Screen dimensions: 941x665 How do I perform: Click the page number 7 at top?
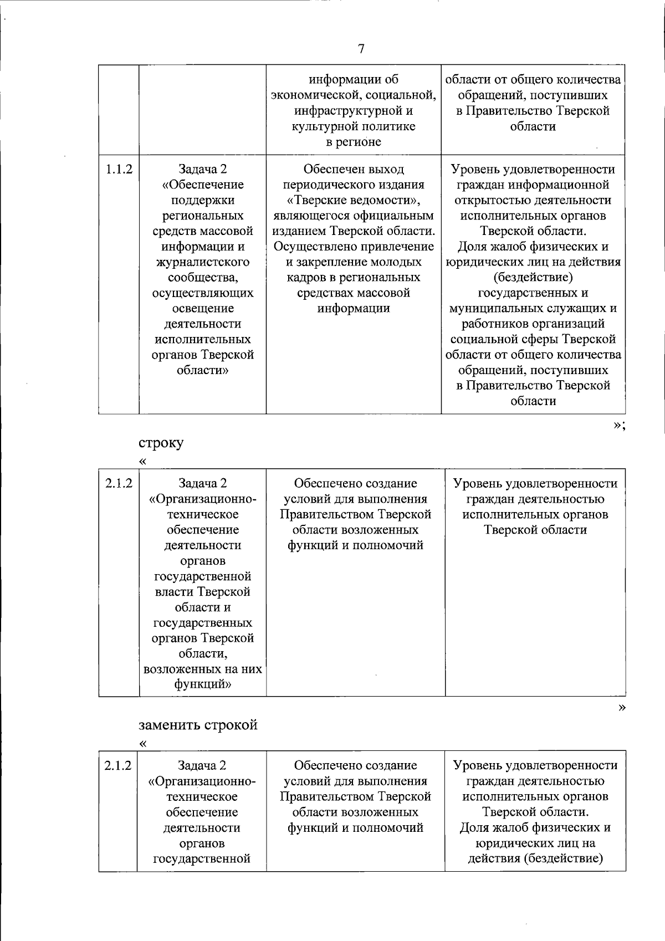click(361, 49)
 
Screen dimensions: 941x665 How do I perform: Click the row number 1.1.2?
click(119, 169)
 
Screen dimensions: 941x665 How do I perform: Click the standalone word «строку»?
click(161, 443)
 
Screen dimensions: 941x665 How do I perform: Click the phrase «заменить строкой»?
click(198, 725)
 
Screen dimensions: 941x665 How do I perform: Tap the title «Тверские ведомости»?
click(353, 200)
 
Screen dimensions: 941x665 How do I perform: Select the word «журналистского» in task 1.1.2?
click(202, 262)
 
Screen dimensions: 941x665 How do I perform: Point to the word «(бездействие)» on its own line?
click(533, 277)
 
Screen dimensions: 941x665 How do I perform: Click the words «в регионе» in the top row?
click(353, 142)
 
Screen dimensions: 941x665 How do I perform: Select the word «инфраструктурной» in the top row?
click(353, 111)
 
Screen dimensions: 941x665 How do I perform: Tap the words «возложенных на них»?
click(202, 669)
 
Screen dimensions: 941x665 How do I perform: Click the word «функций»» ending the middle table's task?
click(202, 684)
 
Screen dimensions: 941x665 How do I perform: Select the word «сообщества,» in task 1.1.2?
click(202, 278)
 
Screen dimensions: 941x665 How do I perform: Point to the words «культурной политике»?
click(353, 126)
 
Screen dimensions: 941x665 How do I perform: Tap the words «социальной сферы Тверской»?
click(533, 339)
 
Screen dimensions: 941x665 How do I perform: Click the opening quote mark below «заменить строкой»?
click(144, 743)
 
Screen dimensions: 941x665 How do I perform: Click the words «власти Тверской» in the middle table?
click(202, 592)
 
